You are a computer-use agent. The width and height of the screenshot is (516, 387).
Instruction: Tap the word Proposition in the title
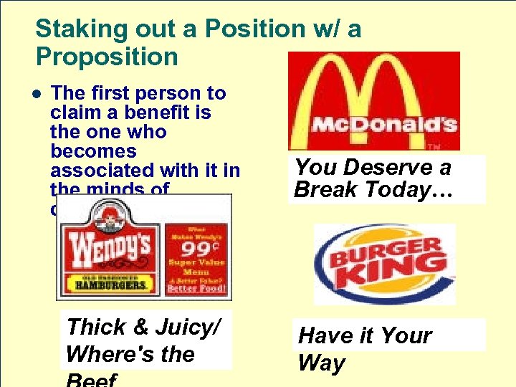tap(107, 57)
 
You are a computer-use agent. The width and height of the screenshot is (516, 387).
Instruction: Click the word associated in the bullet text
tap(105, 171)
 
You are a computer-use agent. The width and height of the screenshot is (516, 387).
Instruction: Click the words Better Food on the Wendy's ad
tap(196, 289)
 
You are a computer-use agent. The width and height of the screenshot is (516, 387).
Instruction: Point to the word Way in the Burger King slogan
tap(322, 363)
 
